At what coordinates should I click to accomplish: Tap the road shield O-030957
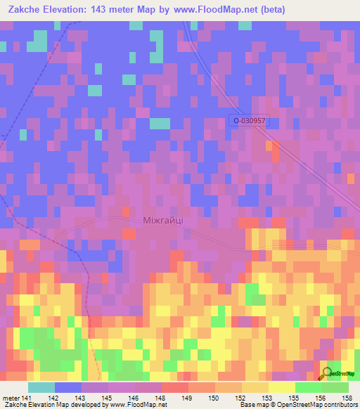coord(250,121)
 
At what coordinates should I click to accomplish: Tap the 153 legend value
coord(269,397)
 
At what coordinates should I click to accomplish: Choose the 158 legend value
coord(349,397)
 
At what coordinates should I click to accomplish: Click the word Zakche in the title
coord(26,11)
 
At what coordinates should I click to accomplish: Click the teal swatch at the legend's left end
coord(41,387)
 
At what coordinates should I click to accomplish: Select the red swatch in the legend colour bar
coord(174,387)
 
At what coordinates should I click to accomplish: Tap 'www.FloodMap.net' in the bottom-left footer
coord(136,405)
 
